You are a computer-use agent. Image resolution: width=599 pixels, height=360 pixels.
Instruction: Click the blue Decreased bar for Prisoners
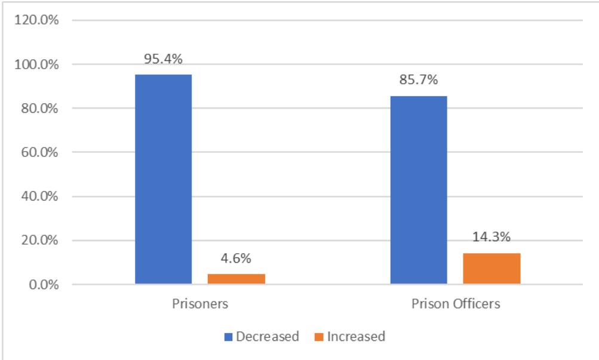click(163, 179)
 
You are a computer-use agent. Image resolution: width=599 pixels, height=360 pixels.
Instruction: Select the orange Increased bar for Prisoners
click(236, 279)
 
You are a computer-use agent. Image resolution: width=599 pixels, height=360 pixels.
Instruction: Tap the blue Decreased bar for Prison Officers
click(418, 190)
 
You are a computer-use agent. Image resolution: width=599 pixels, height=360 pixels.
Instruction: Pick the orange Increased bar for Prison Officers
click(492, 269)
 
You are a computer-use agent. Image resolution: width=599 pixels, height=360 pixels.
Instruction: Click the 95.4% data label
click(163, 59)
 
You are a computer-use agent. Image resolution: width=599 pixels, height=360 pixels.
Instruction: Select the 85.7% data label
click(418, 81)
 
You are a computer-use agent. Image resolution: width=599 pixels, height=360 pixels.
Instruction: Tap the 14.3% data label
click(492, 237)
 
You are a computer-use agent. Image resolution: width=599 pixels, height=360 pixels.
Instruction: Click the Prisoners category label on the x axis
click(199, 303)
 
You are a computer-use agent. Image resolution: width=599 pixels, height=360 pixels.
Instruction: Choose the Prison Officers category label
click(456, 303)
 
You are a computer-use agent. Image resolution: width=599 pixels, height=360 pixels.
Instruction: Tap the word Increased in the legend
click(356, 337)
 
